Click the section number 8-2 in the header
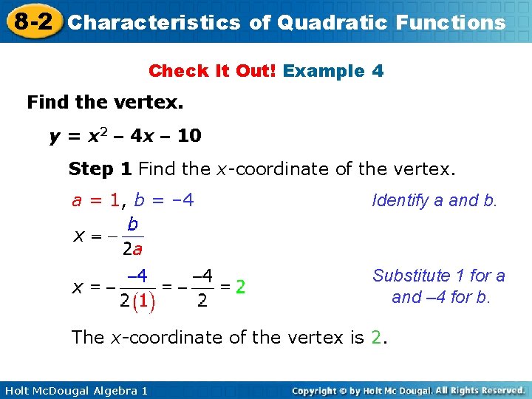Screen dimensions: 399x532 click(32, 21)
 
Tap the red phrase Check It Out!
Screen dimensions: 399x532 click(213, 71)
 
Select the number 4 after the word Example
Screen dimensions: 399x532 click(378, 71)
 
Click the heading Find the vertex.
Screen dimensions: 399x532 click(105, 102)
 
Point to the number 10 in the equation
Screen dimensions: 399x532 click(189, 136)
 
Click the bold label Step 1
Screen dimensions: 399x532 click(100, 168)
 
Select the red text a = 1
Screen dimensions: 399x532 click(96, 199)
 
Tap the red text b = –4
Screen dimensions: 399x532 click(164, 199)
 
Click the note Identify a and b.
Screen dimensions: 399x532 click(434, 200)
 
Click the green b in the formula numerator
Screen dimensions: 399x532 click(132, 223)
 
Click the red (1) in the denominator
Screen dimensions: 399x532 click(144, 301)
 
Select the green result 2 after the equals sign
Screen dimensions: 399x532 click(241, 287)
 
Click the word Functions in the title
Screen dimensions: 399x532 click(451, 22)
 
